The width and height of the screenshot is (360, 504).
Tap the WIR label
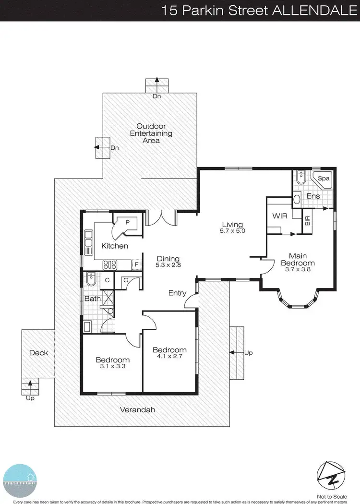tap(279, 216)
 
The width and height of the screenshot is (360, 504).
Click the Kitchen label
tap(115, 246)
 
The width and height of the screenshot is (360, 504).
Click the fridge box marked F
tap(137, 264)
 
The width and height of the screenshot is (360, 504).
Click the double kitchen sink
tap(88, 243)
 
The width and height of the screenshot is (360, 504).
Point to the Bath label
tap(92, 299)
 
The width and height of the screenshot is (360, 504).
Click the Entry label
tap(177, 293)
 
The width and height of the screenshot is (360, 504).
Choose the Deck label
tap(39, 353)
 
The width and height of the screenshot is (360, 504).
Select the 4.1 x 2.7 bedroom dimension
tap(169, 357)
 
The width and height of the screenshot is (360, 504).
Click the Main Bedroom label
tap(298, 259)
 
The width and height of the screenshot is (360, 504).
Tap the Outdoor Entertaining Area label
tap(151, 133)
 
